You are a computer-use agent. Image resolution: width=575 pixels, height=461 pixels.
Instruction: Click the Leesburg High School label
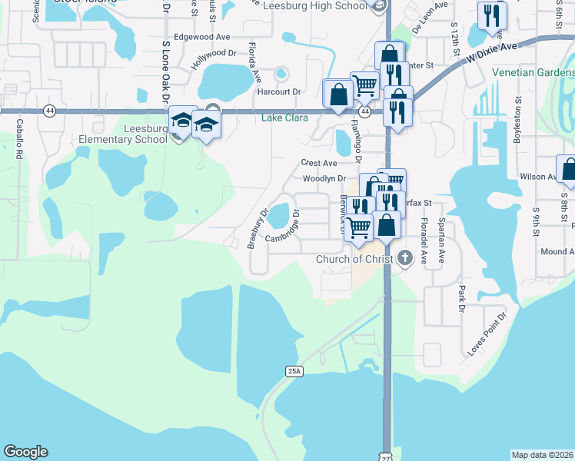pos(315,6)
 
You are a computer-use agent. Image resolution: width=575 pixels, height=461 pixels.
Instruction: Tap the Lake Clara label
pos(284,118)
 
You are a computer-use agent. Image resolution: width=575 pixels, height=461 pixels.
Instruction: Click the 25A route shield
pos(294,371)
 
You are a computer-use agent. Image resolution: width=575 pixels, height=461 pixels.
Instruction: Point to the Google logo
pos(25,452)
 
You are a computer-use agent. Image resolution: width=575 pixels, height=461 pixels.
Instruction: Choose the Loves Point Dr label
pos(487,333)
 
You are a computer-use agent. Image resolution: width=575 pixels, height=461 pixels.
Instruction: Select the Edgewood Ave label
pos(202,36)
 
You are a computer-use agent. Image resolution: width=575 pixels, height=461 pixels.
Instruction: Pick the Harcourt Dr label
pos(278,91)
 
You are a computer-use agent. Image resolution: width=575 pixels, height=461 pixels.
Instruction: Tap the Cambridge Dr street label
pos(281,228)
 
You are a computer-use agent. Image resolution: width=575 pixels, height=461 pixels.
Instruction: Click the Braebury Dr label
pos(257,229)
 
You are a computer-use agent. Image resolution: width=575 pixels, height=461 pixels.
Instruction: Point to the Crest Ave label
pos(319,163)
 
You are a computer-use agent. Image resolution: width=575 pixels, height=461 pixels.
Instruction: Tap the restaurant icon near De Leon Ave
pos(490,17)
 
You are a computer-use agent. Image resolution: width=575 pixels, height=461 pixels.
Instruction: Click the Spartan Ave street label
pos(441,246)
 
